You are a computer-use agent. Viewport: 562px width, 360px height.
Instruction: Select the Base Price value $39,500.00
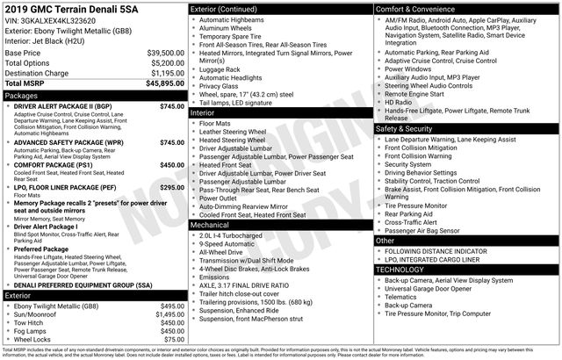(165, 53)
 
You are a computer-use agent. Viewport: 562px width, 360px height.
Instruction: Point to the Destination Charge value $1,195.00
(165, 73)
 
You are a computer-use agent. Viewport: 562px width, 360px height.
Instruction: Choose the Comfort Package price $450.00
(171, 164)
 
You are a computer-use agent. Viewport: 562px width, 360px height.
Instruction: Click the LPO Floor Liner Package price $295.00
(171, 187)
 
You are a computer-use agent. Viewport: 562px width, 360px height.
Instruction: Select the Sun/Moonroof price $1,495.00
(169, 313)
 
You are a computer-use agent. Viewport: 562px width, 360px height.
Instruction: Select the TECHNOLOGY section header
(400, 270)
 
